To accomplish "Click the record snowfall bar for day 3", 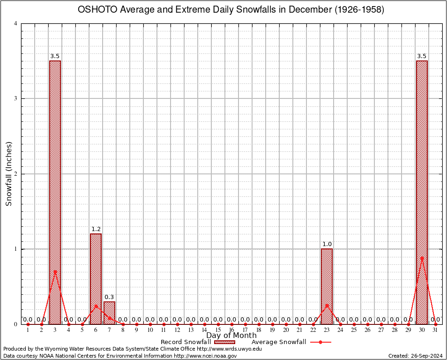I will pyautogui.click(x=55, y=192).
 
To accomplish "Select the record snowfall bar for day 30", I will pyautogui.click(x=422, y=192).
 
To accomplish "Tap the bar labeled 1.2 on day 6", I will pyautogui.click(x=96, y=279).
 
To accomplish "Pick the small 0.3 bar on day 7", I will pyautogui.click(x=109, y=313).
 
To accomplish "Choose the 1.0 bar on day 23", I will pyautogui.click(x=327, y=286).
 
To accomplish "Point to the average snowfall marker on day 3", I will pyautogui.click(x=55, y=271).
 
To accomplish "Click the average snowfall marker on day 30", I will pyautogui.click(x=422, y=258).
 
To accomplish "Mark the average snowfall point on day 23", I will pyautogui.click(x=327, y=306).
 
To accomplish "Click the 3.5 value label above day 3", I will pyautogui.click(x=55, y=57).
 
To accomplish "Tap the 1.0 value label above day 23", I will pyautogui.click(x=327, y=244).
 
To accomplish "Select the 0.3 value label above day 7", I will pyautogui.click(x=109, y=297).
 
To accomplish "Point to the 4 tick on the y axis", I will pyautogui.click(x=16, y=23).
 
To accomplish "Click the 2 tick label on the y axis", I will pyautogui.click(x=16, y=174).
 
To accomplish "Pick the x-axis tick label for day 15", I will pyautogui.click(x=218, y=330).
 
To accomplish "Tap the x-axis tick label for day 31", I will pyautogui.click(x=435, y=330).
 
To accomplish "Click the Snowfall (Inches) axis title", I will pyautogui.click(x=8, y=174).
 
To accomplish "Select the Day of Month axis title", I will pyautogui.click(x=231, y=336).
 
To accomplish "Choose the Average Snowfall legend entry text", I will pyautogui.click(x=279, y=342).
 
